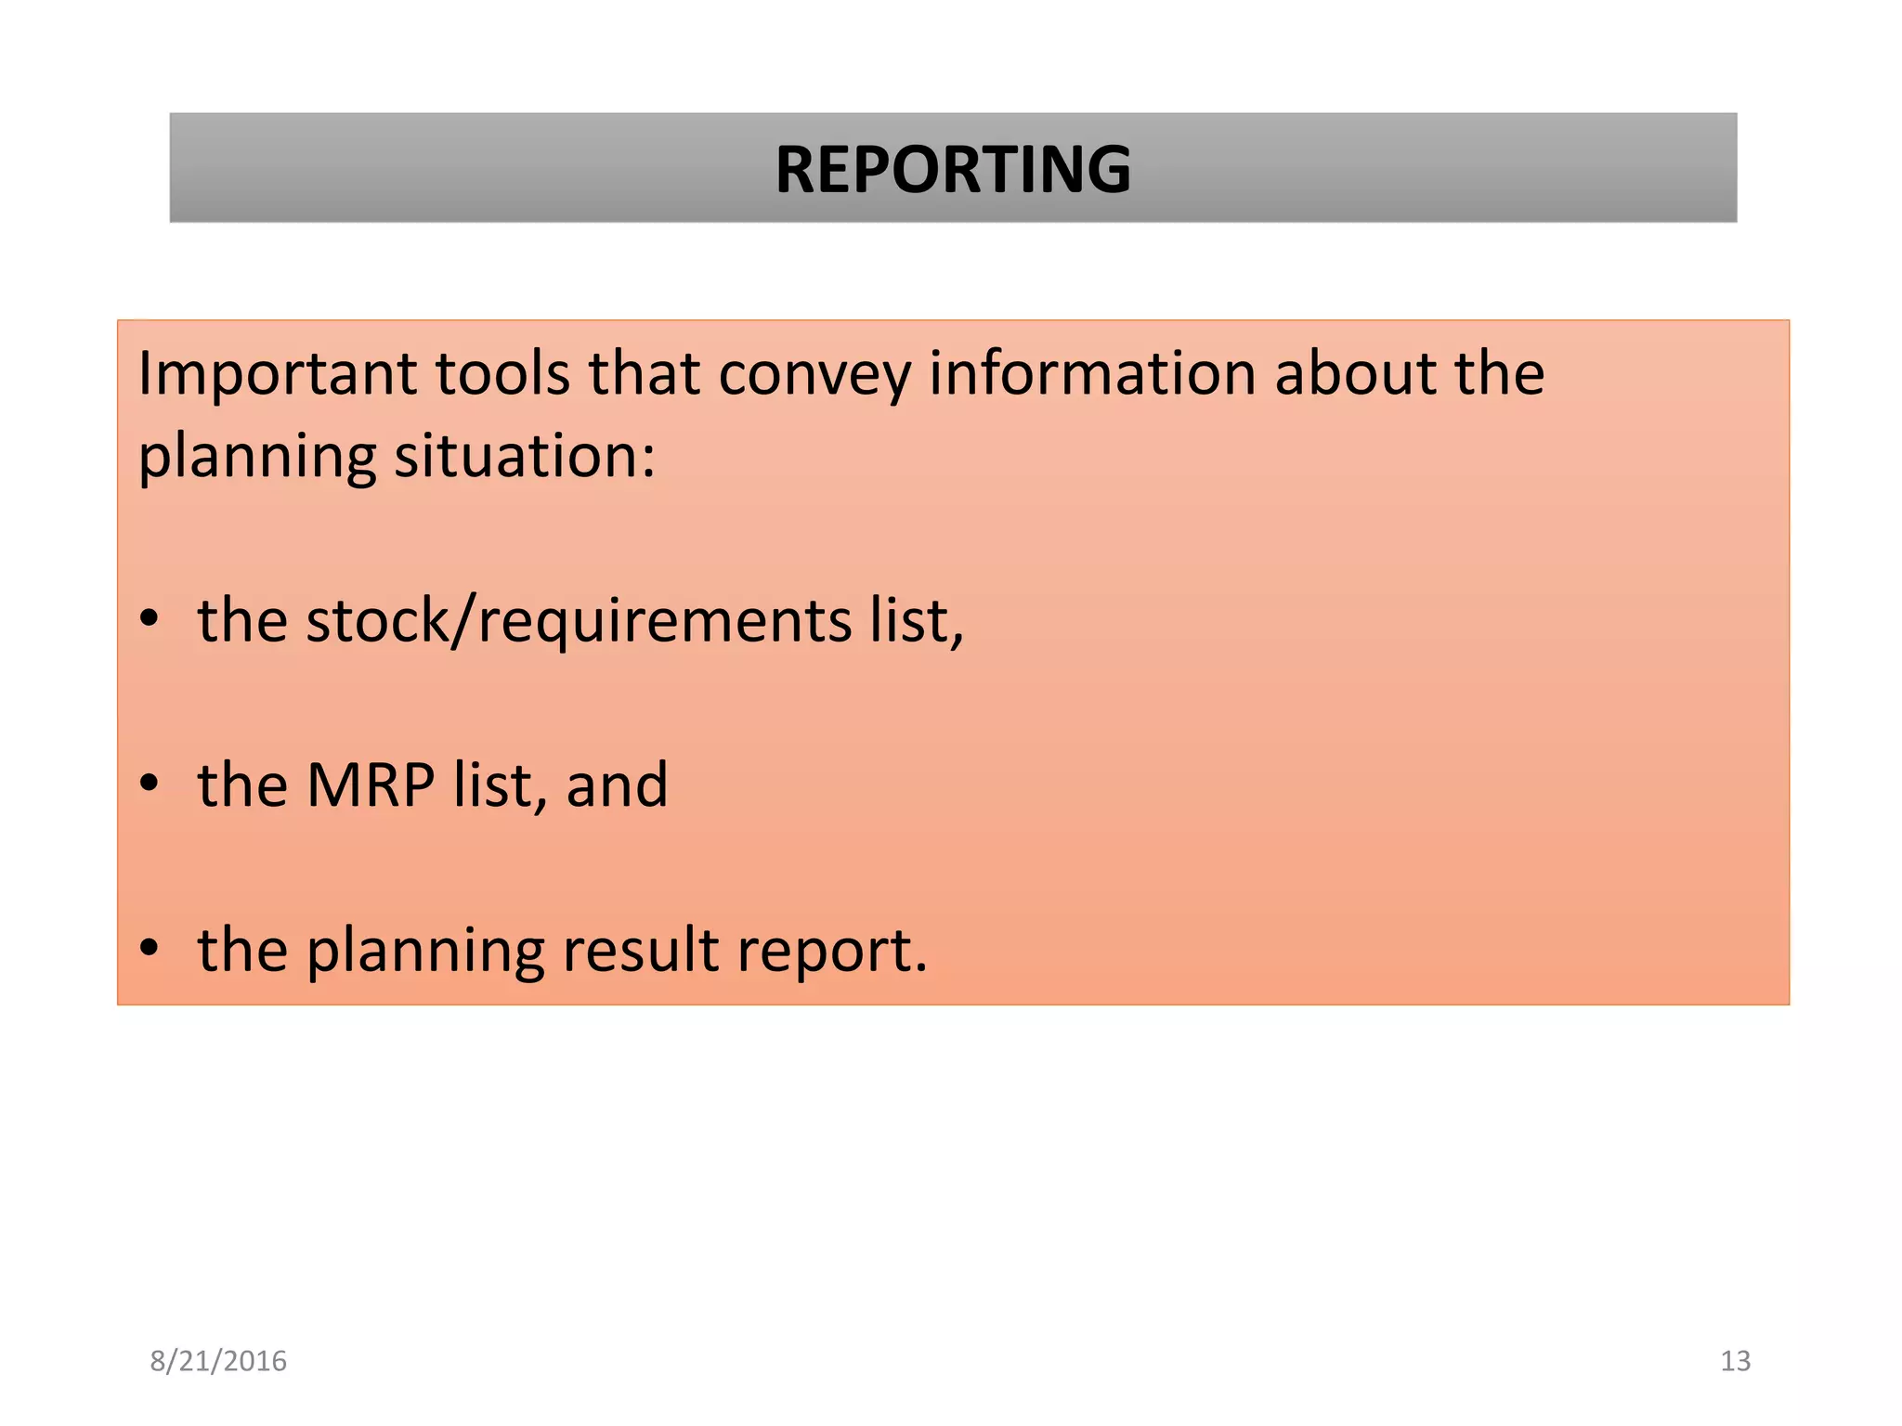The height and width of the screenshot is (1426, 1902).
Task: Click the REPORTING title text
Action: tap(953, 170)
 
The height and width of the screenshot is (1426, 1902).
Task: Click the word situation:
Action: tap(525, 457)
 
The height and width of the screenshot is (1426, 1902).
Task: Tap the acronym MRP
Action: tap(370, 785)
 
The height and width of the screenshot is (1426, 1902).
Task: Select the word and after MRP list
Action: tap(617, 785)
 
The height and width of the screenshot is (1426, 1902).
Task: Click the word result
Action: tap(641, 950)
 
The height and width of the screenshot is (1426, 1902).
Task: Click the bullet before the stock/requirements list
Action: tap(150, 620)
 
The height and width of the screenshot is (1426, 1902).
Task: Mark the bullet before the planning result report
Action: tap(150, 949)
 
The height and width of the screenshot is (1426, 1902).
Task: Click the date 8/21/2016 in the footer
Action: tap(218, 1361)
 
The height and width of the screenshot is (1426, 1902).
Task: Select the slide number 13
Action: tap(1735, 1361)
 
